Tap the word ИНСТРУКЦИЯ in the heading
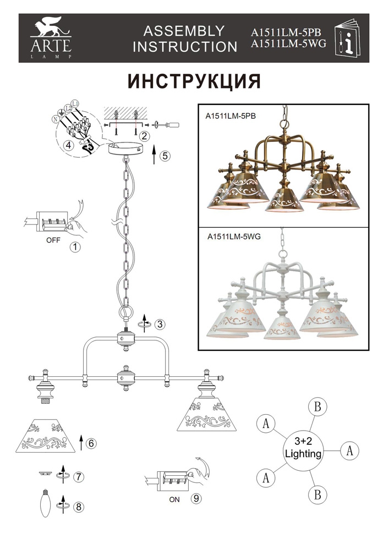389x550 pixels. point(194,81)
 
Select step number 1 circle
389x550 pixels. point(75,247)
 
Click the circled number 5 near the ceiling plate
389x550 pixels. point(165,156)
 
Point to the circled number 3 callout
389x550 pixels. point(160,324)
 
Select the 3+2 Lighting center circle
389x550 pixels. point(302,449)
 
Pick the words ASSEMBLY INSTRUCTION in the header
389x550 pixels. point(185,38)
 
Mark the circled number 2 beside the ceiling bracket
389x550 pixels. point(145,135)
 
